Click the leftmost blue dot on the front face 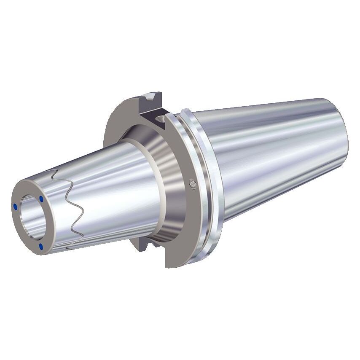[16, 207]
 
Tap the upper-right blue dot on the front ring [41, 199]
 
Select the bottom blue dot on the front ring [41, 246]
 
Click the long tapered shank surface [274, 152]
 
